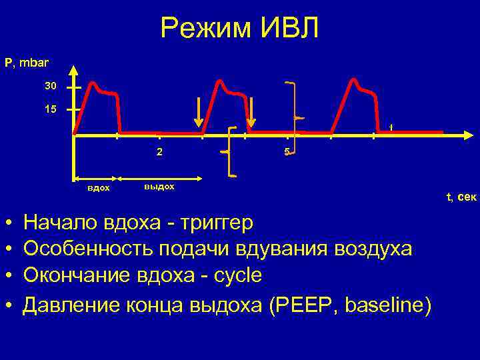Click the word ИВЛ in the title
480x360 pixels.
coord(287,29)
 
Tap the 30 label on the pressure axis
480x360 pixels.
coord(51,86)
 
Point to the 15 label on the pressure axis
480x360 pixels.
coord(51,109)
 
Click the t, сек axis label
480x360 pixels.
coord(461,196)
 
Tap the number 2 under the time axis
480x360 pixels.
coord(159,151)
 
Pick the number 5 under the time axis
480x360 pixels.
coord(286,151)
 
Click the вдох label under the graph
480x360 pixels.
coord(99,188)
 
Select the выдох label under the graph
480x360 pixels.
coord(159,186)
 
